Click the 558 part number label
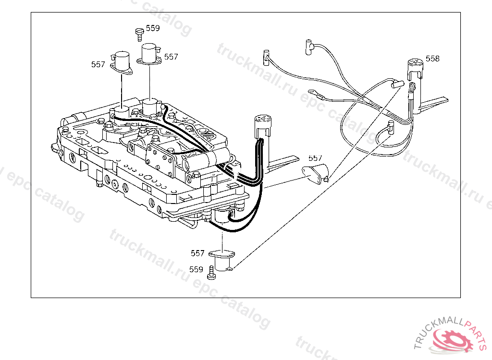point(432,59)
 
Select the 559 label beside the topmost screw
point(153,28)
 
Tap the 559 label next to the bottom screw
point(196,269)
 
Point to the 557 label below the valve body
point(197,253)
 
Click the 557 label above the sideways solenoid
point(315,158)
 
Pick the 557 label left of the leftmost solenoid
point(98,64)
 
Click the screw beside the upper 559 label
point(139,35)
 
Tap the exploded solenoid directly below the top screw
point(149,55)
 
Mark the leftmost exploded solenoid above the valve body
point(122,63)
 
